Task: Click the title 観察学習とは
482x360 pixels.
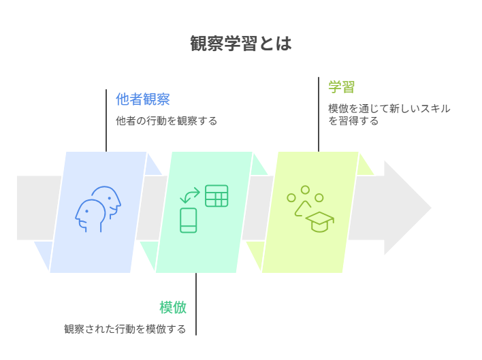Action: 241,44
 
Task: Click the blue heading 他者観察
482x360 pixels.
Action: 142,99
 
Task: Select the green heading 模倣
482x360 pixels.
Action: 173,308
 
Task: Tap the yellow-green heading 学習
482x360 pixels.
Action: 342,87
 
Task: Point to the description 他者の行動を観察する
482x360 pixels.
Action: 166,121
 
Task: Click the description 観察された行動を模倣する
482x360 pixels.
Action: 125,329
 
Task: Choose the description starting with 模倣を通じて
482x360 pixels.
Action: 389,114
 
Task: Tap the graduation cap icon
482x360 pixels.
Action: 320,221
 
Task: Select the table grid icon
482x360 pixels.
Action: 216,196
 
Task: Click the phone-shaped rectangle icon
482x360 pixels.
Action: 189,220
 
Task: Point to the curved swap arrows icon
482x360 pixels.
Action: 190,195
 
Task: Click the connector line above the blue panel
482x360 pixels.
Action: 106,120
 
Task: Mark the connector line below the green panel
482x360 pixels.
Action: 196,304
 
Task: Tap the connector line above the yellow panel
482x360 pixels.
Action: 319,114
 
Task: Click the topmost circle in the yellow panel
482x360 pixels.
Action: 305,190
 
